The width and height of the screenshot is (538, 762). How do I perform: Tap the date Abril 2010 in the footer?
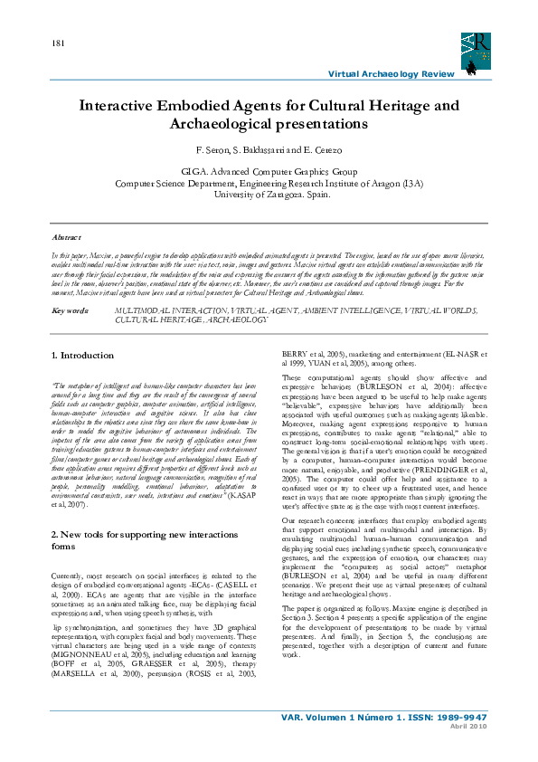(x=469, y=753)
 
